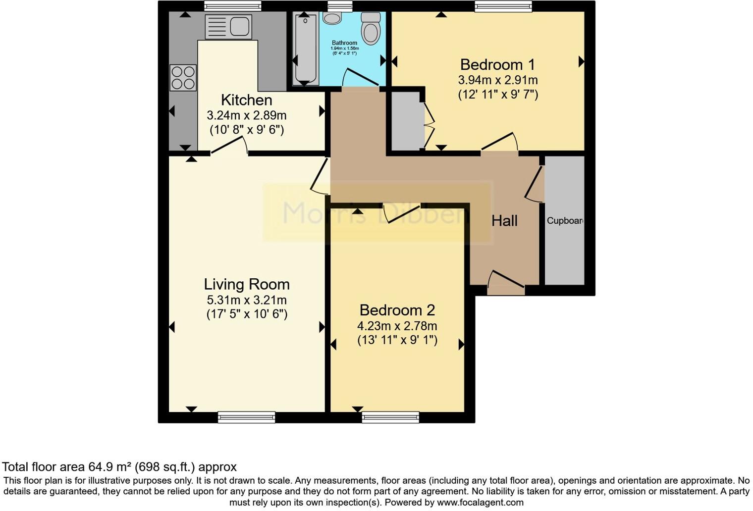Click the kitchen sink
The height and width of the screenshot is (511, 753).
pos(228,26)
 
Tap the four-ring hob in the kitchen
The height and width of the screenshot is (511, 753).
pos(183,78)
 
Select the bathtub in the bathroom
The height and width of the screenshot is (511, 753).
pos(305,50)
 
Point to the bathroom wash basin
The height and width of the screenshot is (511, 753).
pos(332,18)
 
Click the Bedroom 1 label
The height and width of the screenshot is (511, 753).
pos(497,65)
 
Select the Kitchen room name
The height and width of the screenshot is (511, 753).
pos(246,100)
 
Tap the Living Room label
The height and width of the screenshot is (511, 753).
pos(247,284)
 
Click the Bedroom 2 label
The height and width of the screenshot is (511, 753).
pos(397,310)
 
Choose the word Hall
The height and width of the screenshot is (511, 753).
pos(504,221)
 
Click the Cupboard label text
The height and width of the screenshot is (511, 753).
pos(565,221)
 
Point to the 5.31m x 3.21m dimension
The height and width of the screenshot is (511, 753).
pos(247,300)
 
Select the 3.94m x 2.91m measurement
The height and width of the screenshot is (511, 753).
pos(497,80)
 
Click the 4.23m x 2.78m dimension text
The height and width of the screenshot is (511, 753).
pos(397,326)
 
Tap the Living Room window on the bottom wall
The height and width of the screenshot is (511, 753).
pos(246,417)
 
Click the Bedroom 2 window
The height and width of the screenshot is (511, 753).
pos(390,417)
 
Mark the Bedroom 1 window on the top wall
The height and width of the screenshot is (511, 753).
pos(503,6)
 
